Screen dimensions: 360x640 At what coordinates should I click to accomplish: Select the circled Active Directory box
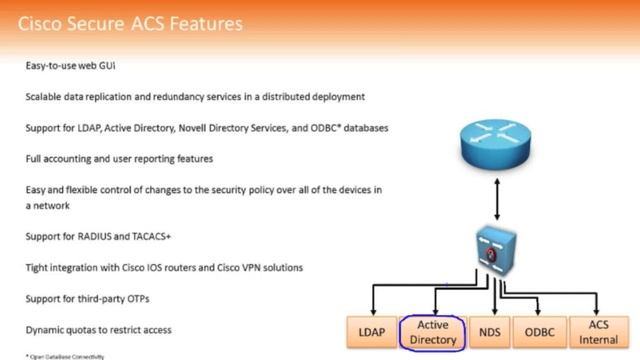click(433, 332)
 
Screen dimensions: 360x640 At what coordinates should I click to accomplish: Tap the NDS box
click(490, 332)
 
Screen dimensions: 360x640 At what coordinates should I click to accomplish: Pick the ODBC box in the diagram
click(540, 332)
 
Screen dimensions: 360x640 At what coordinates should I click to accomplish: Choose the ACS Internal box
click(598, 332)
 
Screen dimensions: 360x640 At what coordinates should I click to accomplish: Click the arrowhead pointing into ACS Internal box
click(598, 313)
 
